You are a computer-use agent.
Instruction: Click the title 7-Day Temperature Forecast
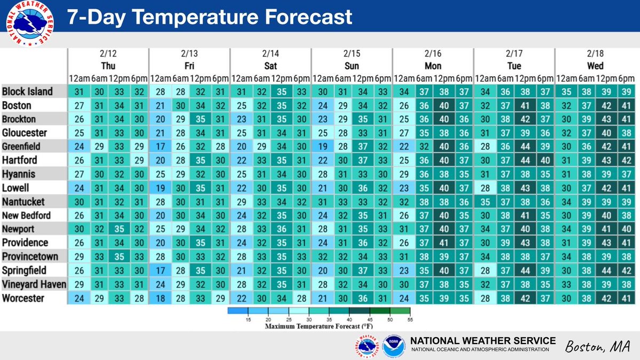(209, 18)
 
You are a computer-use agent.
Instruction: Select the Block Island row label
(27, 91)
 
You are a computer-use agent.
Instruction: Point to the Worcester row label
(23, 299)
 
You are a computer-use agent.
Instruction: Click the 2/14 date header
(270, 54)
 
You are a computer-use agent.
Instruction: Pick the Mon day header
(433, 66)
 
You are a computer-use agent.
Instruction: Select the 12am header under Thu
(78, 78)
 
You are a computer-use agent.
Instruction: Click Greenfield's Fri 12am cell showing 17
(159, 146)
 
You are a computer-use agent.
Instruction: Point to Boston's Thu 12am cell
(78, 105)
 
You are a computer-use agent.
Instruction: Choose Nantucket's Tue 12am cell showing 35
(484, 202)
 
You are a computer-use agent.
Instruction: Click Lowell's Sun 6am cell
(341, 188)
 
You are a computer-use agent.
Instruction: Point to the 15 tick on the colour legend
(248, 319)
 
